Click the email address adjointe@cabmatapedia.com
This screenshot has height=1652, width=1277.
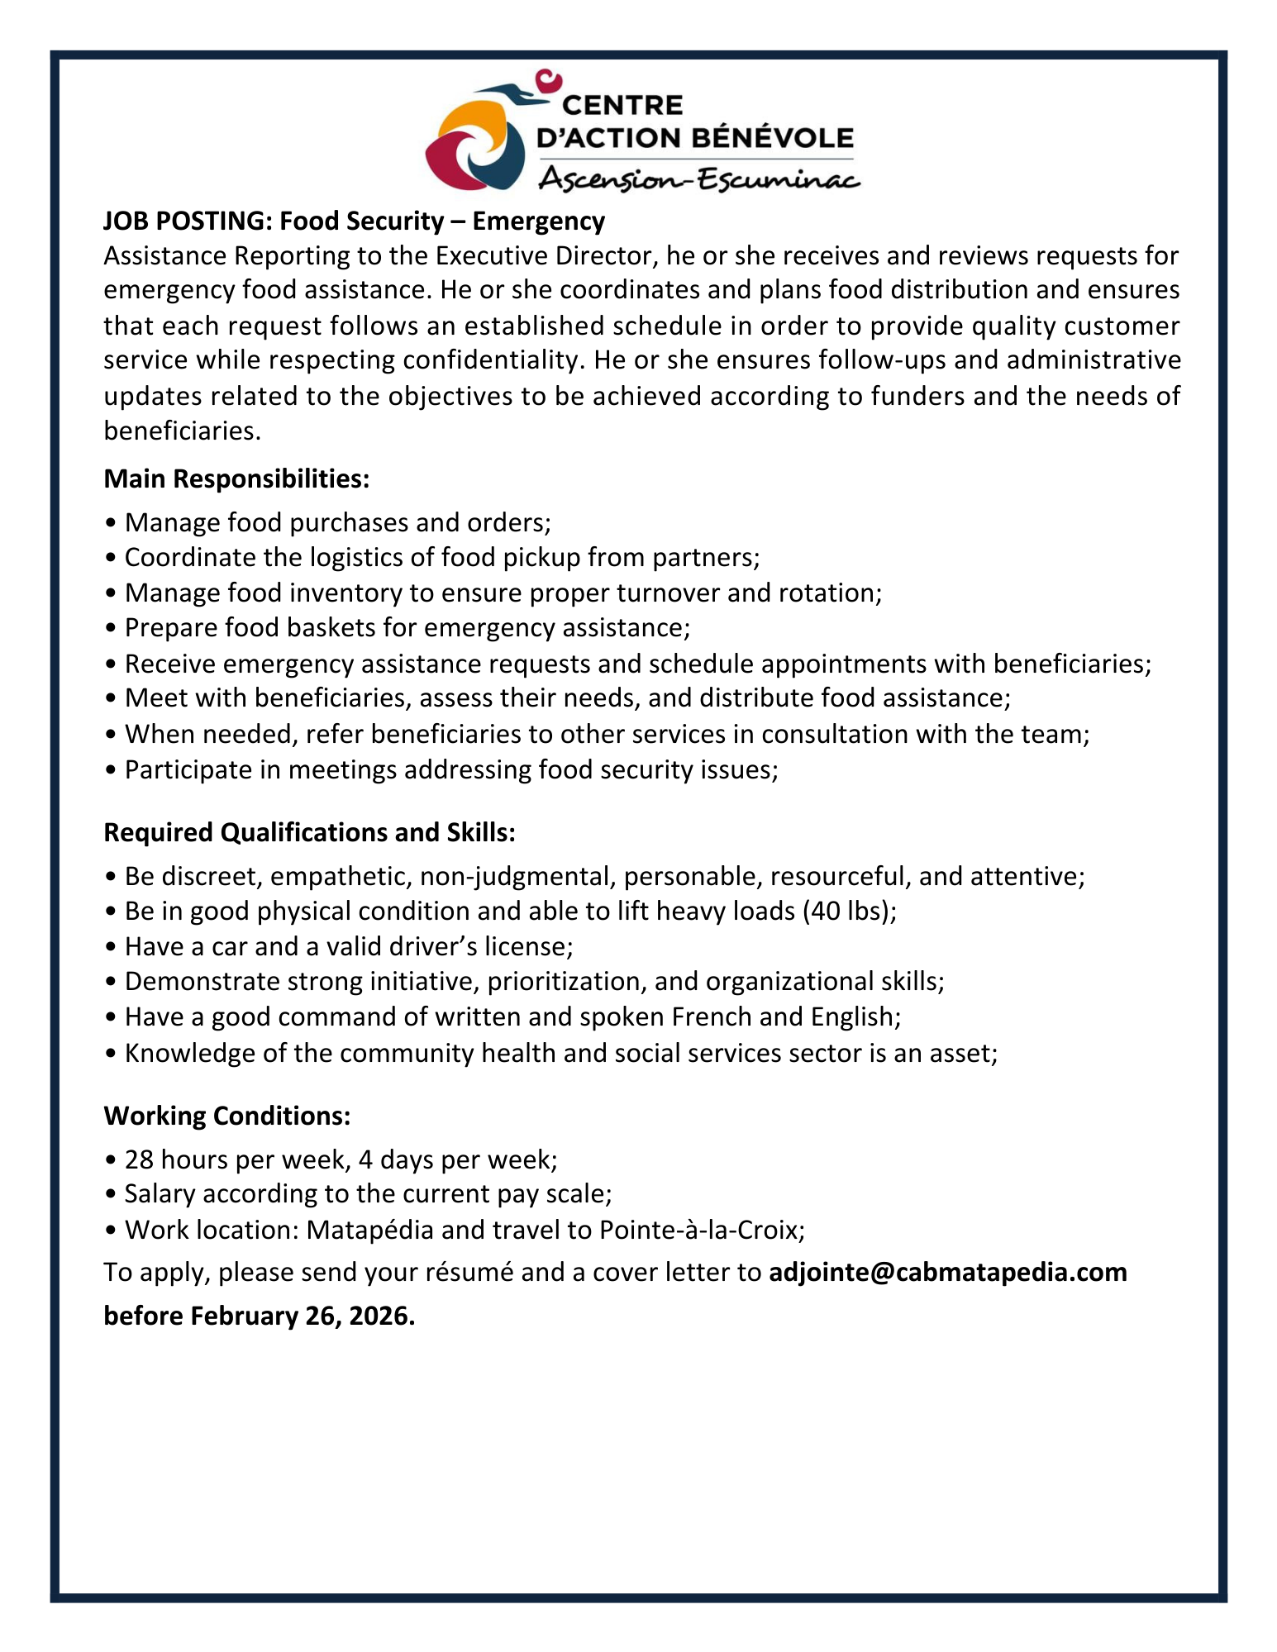coord(947,1272)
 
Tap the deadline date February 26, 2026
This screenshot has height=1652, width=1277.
coord(302,1316)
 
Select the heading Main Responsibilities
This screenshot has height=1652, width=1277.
coord(236,478)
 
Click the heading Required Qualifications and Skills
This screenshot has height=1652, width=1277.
coord(309,832)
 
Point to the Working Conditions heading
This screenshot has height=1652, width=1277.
coord(227,1116)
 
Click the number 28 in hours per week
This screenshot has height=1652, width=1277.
coord(139,1159)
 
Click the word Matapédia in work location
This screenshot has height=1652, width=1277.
coord(369,1230)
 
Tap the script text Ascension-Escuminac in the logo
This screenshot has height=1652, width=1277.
coord(699,179)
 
